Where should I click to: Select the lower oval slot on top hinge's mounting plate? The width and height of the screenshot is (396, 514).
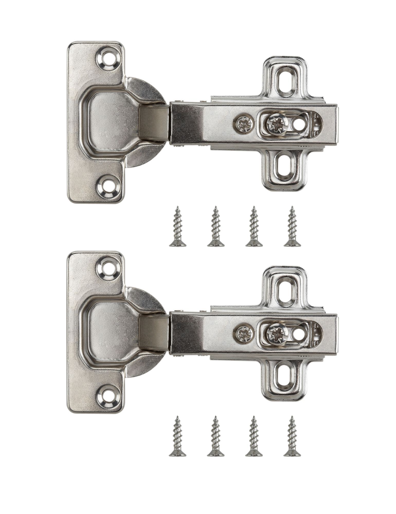click(285, 166)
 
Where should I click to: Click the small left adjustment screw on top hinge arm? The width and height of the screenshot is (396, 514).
click(244, 125)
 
